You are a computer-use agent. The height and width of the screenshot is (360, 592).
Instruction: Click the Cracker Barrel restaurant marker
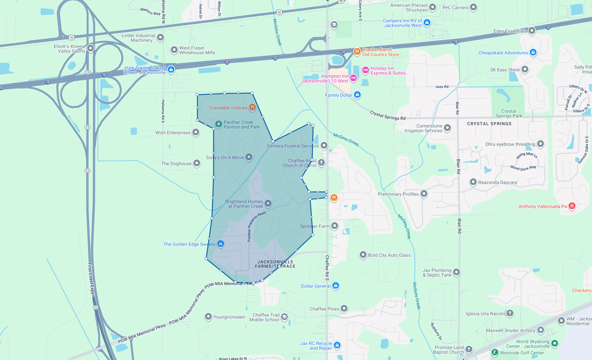click(x=357, y=51)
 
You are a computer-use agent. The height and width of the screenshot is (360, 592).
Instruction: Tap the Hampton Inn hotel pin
click(x=353, y=78)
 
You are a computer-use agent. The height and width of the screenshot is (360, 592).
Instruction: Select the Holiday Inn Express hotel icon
click(x=365, y=70)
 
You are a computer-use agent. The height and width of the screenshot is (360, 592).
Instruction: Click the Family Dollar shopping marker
click(x=357, y=95)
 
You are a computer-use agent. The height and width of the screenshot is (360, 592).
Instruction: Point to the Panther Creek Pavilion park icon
click(x=218, y=124)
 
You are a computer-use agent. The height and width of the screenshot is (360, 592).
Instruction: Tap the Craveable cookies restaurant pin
click(x=252, y=107)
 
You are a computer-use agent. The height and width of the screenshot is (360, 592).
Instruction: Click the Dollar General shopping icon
click(x=336, y=286)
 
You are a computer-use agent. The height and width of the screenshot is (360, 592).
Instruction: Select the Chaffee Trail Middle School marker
click(x=284, y=317)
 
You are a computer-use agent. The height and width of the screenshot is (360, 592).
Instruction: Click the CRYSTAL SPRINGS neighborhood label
click(x=489, y=124)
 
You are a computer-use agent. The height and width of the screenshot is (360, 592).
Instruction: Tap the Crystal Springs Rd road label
click(x=388, y=115)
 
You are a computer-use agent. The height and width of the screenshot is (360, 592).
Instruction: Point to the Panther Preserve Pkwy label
click(x=257, y=226)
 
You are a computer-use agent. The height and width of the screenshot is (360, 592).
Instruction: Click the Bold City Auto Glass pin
click(x=363, y=255)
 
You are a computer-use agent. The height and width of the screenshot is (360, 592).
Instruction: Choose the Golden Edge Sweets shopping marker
click(x=221, y=243)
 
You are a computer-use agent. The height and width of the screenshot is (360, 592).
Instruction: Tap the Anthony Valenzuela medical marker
click(x=572, y=206)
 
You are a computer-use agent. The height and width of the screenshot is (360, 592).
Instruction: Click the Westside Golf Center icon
click(x=495, y=353)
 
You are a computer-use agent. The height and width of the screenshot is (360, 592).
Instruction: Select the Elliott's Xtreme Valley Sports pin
click(x=91, y=48)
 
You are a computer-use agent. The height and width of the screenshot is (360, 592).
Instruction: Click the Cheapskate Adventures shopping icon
click(x=533, y=52)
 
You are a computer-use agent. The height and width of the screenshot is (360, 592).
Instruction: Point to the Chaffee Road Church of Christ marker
click(x=321, y=162)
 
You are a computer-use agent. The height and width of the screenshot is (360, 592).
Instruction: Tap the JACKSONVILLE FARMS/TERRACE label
click(x=275, y=264)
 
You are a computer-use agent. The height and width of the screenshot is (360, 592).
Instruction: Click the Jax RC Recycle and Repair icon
click(x=337, y=345)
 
